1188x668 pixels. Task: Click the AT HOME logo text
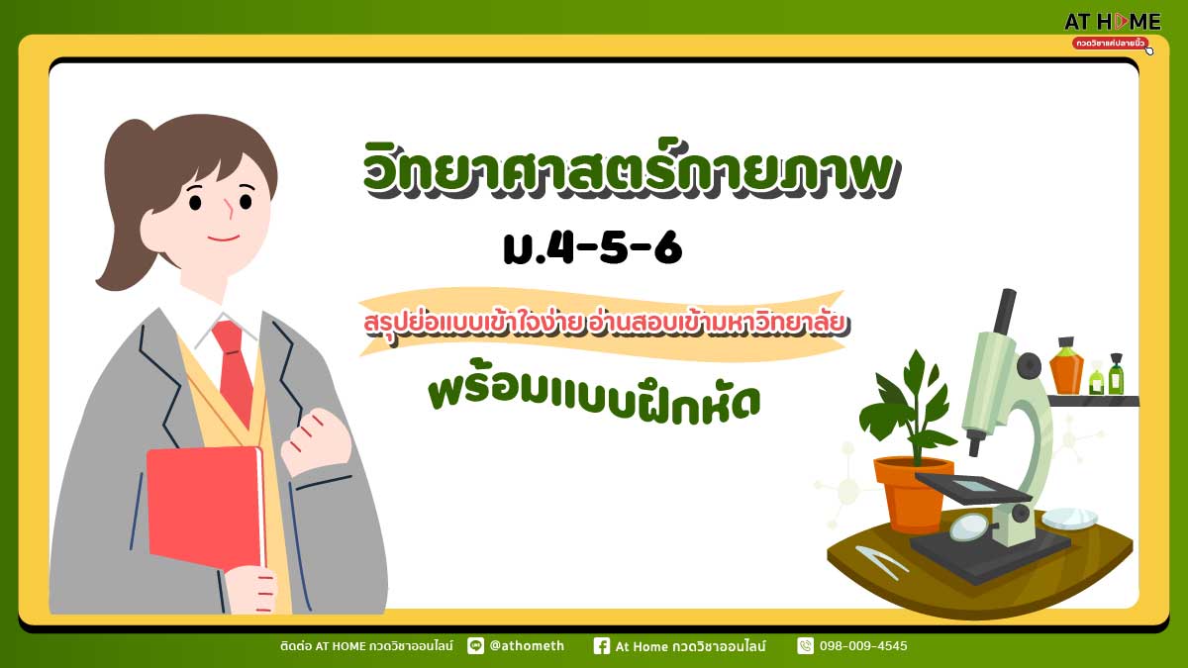click(1112, 22)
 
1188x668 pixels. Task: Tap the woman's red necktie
click(234, 371)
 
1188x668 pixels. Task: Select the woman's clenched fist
click(317, 441)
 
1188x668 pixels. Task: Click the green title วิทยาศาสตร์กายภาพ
click(632, 169)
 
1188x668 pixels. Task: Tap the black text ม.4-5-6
click(592, 248)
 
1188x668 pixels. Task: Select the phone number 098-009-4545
click(863, 645)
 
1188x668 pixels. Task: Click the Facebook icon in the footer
click(602, 645)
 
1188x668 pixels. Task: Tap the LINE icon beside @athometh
click(476, 645)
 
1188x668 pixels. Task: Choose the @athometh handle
click(527, 645)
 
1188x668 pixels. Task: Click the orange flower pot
click(913, 493)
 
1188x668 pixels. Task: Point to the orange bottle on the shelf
click(1066, 366)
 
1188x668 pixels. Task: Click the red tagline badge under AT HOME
click(1110, 43)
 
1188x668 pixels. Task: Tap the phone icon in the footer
click(805, 645)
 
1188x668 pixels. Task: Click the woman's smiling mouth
click(224, 239)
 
